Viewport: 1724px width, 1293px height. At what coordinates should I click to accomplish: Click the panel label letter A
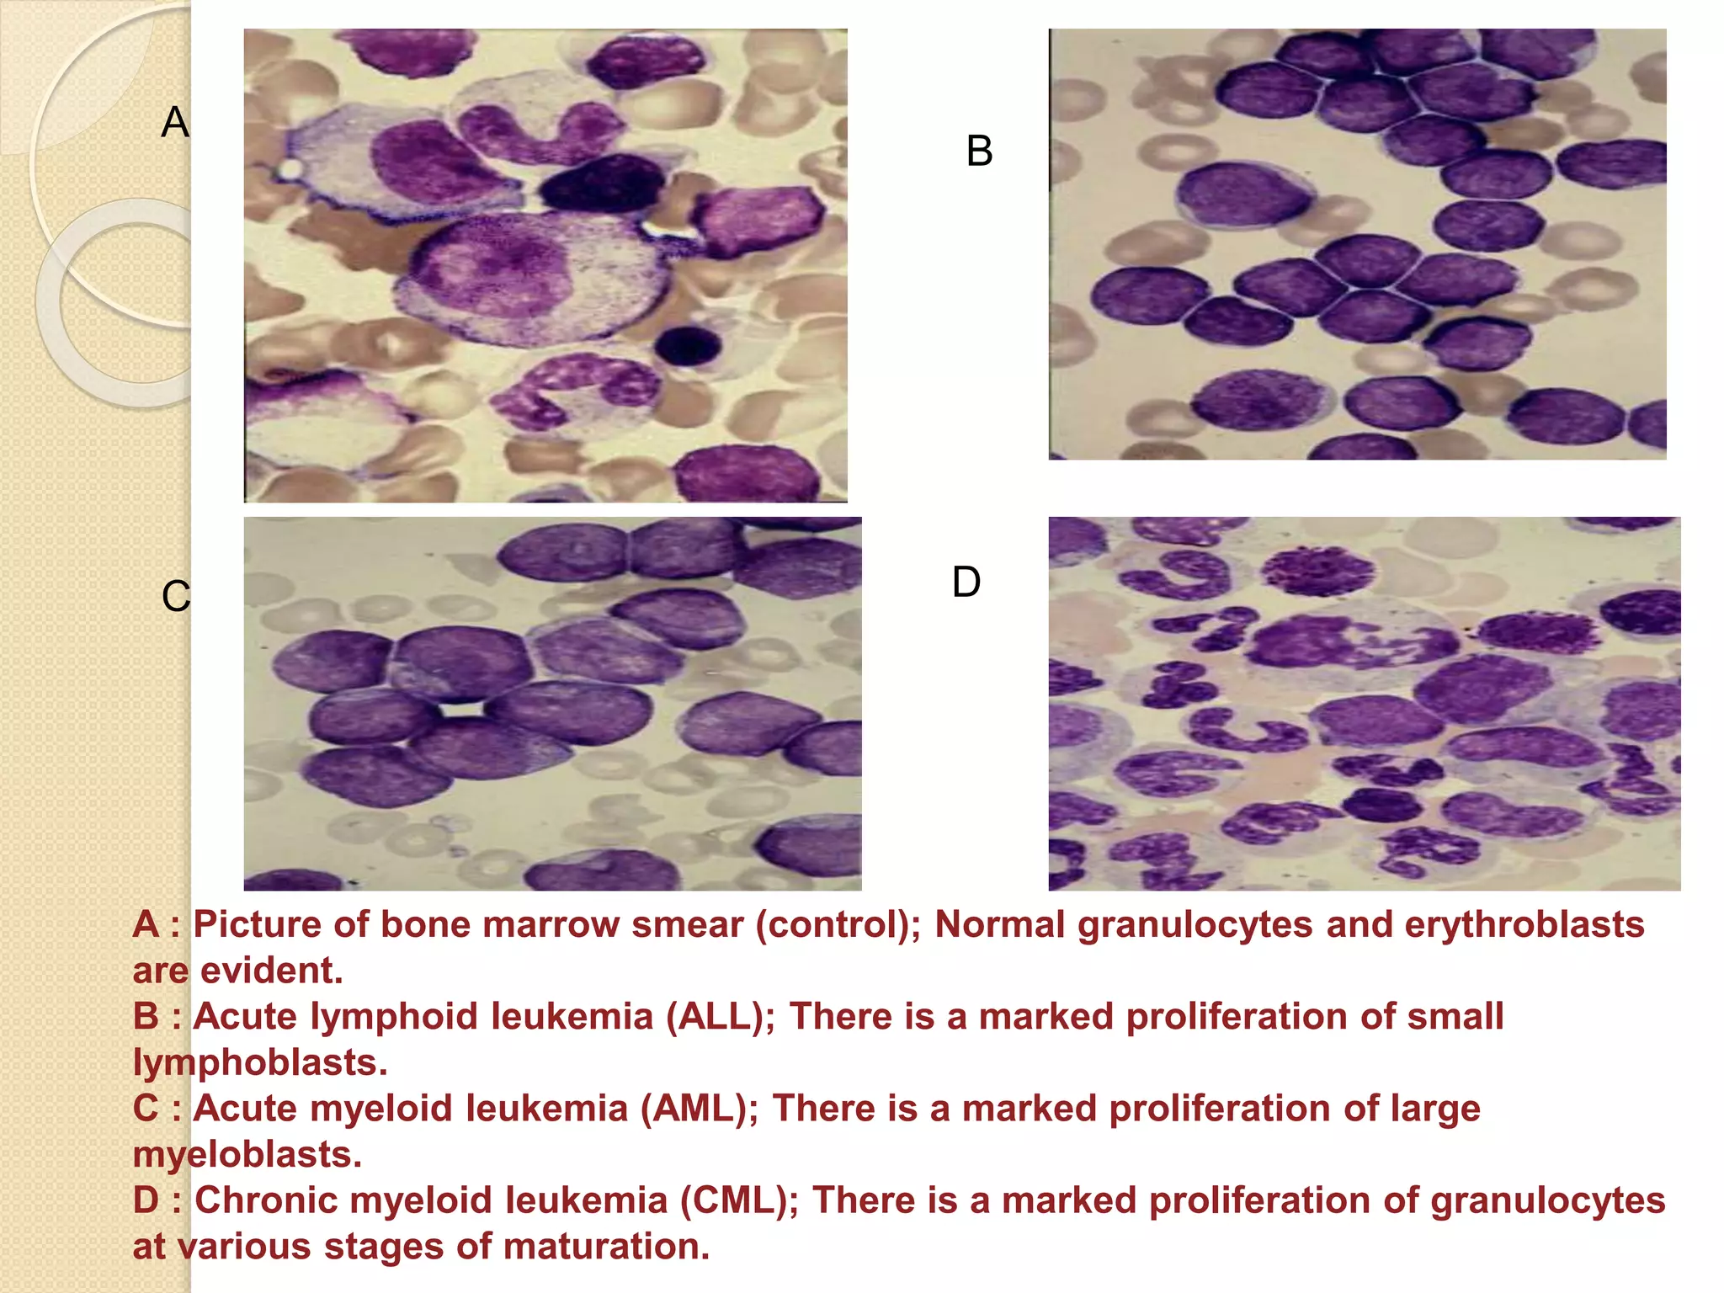(x=175, y=123)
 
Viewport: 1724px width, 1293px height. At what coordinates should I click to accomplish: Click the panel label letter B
(x=979, y=152)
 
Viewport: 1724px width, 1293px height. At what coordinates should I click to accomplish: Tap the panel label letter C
(x=176, y=597)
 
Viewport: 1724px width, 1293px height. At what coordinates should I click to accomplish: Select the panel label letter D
(x=966, y=583)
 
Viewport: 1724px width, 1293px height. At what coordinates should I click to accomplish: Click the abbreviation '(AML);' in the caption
(x=700, y=1108)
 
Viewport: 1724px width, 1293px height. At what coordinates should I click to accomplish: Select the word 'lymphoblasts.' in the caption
(x=260, y=1062)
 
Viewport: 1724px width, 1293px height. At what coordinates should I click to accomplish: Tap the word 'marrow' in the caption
(x=551, y=924)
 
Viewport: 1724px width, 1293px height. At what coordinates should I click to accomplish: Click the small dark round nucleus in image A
(x=689, y=345)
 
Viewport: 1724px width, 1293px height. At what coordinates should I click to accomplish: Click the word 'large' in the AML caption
(x=1434, y=1108)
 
